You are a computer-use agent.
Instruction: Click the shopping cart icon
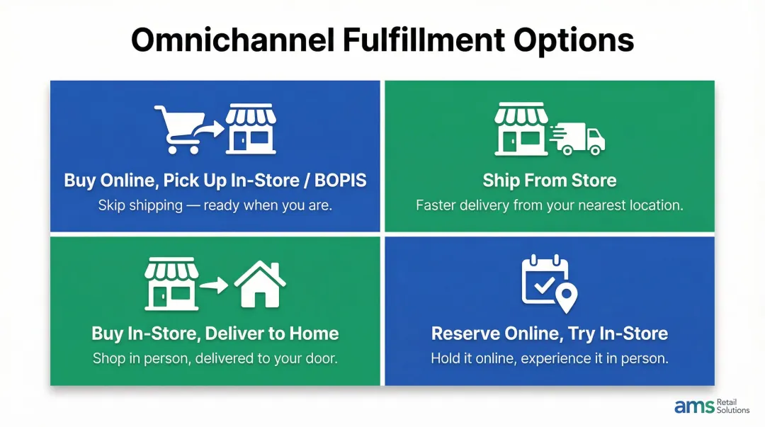pos(178,129)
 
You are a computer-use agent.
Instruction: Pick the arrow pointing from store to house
pos(215,286)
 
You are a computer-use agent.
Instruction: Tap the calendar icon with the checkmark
pos(544,278)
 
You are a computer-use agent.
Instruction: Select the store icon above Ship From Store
pos(520,128)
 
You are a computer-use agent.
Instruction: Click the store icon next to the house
pos(171,283)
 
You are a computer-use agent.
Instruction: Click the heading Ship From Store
pos(549,180)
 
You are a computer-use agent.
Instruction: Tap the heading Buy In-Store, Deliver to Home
pos(215,334)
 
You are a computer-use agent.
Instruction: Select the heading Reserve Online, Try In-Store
pos(549,334)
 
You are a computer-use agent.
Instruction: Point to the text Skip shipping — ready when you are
pos(215,205)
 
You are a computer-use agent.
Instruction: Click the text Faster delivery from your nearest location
pos(549,205)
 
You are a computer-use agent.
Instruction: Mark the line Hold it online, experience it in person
pos(549,358)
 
